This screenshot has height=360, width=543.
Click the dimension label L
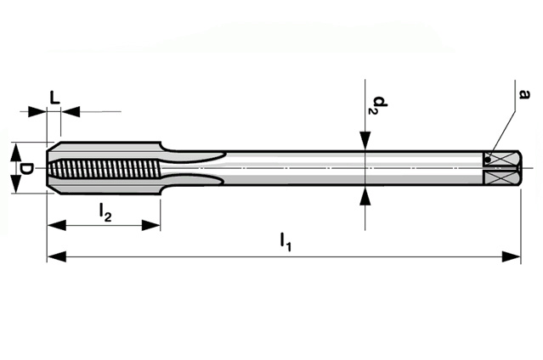click(x=54, y=98)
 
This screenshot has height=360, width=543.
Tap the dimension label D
click(x=27, y=168)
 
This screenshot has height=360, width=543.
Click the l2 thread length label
click(x=105, y=211)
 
